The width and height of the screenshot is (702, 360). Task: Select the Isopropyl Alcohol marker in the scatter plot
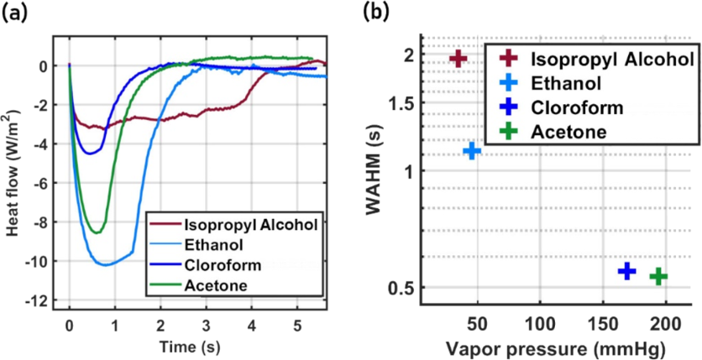point(458,58)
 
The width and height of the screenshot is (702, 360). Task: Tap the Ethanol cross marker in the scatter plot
point(472,150)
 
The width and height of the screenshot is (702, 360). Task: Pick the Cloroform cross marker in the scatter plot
point(626,270)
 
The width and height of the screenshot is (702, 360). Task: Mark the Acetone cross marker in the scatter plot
point(658,276)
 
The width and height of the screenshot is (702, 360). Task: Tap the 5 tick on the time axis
point(297,323)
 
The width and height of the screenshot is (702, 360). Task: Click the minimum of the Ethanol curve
point(105,264)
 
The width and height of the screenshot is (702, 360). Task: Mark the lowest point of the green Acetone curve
point(97,232)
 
